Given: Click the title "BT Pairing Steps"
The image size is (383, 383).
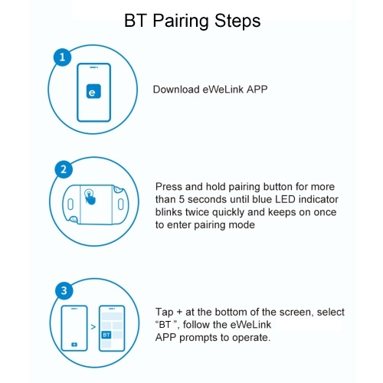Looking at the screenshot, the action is [192, 21].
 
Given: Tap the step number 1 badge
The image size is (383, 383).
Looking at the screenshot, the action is [62, 57].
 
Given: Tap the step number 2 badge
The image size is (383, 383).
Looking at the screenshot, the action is [64, 169].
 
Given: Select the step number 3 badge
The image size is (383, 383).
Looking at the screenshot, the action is [64, 290].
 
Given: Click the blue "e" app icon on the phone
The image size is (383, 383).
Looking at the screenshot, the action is [93, 91].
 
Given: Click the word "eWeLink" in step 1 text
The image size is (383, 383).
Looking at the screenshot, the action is [223, 90].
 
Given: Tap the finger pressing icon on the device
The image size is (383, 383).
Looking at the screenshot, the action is [90, 196].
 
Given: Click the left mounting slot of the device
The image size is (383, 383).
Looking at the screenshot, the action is [70, 205].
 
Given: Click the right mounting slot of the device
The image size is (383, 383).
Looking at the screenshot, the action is [121, 205].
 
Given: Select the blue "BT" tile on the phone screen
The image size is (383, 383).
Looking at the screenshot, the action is [106, 335].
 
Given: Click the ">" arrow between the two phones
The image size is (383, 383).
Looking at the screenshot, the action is [93, 327].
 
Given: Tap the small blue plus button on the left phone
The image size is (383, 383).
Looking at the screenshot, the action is [74, 345].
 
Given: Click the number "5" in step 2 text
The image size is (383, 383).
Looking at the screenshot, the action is [182, 199].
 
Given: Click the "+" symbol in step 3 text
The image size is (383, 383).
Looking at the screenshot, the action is [179, 313].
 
